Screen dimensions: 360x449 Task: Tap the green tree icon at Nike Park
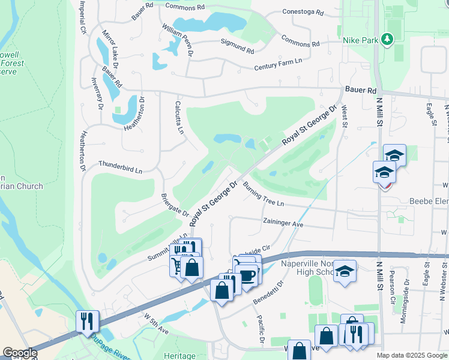click(x=387, y=40)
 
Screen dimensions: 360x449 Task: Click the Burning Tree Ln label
click(x=263, y=195)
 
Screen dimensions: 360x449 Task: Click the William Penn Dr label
click(x=178, y=37)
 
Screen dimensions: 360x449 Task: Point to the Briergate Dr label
click(x=175, y=205)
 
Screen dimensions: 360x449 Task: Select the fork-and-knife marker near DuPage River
click(x=87, y=320)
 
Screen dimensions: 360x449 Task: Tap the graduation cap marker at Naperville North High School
click(x=345, y=271)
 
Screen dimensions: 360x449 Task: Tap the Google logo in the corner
click(x=20, y=353)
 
